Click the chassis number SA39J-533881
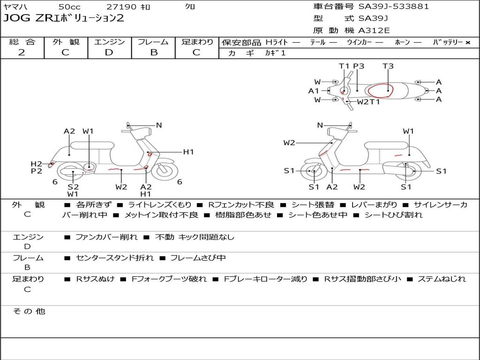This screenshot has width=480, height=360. pyautogui.click(x=394, y=7)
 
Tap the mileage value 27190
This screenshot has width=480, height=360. pyautogui.click(x=121, y=7)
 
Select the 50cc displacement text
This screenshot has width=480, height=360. pyautogui.click(x=69, y=7)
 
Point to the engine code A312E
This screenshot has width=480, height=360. pyautogui.click(x=375, y=31)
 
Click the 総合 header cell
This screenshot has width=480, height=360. pyautogui.click(x=22, y=42)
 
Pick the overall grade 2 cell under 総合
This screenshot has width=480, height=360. pyautogui.click(x=22, y=52)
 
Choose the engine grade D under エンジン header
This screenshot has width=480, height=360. pyautogui.click(x=109, y=52)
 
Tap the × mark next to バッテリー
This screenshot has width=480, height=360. pyautogui.click(x=467, y=42)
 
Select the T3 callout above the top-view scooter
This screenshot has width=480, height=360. pyautogui.click(x=388, y=66)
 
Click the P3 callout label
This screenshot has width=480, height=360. pyautogui.click(x=359, y=66)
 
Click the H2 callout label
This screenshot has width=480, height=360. pyautogui.click(x=37, y=164)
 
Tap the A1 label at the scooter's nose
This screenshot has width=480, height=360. pyautogui.click(x=314, y=91)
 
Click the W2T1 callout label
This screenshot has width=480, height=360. pyautogui.click(x=368, y=102)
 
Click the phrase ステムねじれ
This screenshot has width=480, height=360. pyautogui.click(x=442, y=279)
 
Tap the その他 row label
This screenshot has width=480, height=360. pyautogui.click(x=29, y=311)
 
